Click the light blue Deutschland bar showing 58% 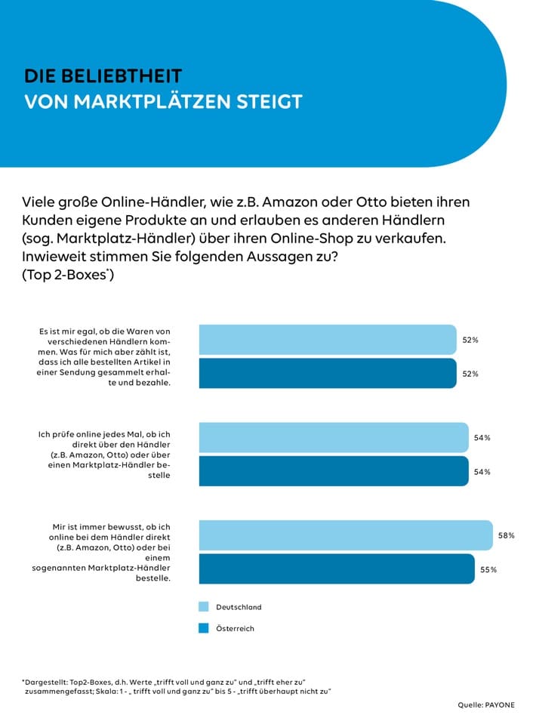point(345,535)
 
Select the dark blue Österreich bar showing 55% point(336,569)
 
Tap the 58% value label point(506,535)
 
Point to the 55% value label point(488,569)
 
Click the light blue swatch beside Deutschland point(203,606)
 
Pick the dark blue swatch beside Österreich point(203,627)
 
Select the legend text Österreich point(236,628)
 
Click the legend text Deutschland point(239,607)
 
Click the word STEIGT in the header point(269,102)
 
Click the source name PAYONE point(500,704)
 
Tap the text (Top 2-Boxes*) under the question point(68,276)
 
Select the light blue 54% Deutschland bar point(333,437)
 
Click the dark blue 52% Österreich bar point(327,374)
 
